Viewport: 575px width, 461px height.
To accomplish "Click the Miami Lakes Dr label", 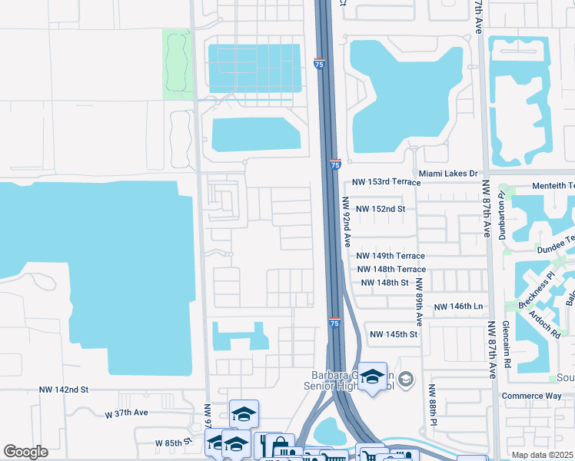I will click(x=448, y=174).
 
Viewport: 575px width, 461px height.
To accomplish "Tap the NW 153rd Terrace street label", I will click(x=387, y=182).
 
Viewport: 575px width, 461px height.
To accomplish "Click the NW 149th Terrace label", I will click(x=391, y=256).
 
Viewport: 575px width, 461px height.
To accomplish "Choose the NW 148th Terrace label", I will click(x=391, y=269).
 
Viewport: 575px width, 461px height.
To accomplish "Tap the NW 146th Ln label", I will click(x=458, y=307).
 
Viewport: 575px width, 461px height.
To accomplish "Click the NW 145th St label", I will click(x=393, y=334).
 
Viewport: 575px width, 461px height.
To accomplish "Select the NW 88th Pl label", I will click(x=433, y=405).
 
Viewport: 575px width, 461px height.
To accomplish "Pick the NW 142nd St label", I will click(x=65, y=390).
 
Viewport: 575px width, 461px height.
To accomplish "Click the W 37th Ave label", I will click(x=127, y=413).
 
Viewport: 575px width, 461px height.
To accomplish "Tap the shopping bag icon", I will click(x=278, y=444).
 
